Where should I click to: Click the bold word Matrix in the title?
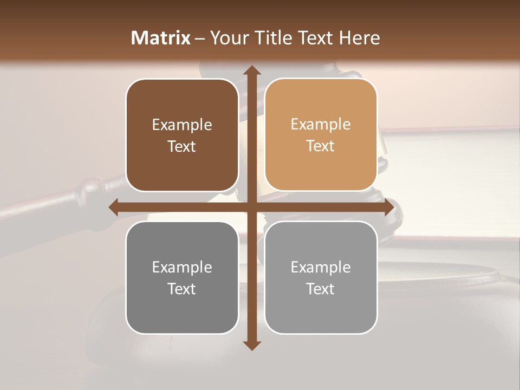tap(161, 38)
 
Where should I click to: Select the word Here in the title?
tap(360, 38)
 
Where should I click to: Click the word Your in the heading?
tap(227, 38)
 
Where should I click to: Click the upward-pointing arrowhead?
tap(251, 70)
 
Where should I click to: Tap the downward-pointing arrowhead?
tap(251, 345)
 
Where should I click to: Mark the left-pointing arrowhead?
tap(113, 207)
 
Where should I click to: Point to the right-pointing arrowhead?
tap(389, 207)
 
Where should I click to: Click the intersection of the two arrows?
tap(251, 207)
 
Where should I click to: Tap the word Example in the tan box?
tap(321, 124)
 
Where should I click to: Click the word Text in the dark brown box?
tap(182, 146)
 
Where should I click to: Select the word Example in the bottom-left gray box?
tap(182, 267)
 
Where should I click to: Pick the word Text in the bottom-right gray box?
tap(321, 289)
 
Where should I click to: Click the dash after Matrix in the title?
tap(200, 38)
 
